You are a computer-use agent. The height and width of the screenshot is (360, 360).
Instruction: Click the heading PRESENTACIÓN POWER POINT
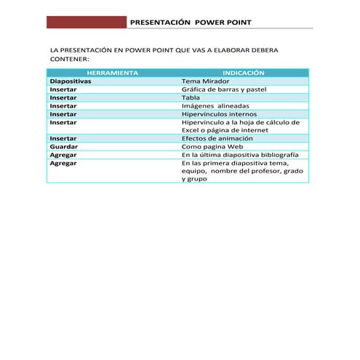coord(190,23)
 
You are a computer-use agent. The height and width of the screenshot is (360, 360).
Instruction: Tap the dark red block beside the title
coord(86,23)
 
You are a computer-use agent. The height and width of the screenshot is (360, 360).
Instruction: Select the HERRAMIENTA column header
coord(112,73)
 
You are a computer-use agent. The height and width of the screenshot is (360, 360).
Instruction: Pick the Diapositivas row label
coord(70,81)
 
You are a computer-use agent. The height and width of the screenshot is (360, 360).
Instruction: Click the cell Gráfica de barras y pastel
coord(224,89)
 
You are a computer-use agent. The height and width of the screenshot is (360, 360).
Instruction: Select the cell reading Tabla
coord(191,97)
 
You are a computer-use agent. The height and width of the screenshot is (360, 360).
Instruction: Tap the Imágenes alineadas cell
coord(214,105)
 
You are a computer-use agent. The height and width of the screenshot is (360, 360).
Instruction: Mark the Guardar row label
coord(63,146)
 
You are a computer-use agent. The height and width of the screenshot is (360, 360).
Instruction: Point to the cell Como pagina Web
coord(212,146)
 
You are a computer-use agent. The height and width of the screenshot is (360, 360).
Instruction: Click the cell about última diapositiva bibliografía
coord(239,155)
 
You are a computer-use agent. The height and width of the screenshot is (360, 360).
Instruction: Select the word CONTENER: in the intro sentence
coord(68,58)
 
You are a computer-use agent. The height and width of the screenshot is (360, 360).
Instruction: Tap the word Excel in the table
coord(191,130)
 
